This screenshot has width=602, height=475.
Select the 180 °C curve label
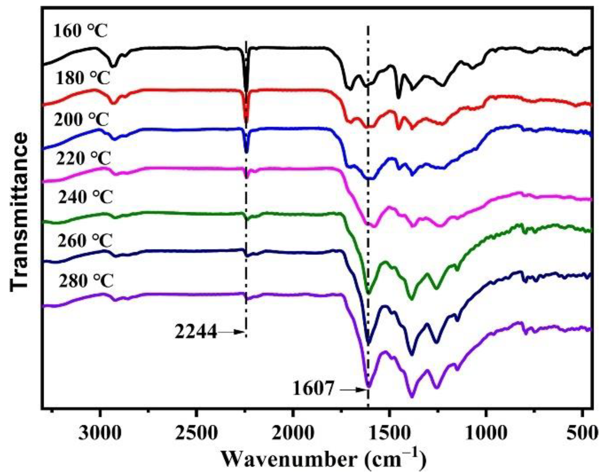(x=83, y=78)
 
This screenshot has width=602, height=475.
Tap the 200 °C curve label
(x=81, y=120)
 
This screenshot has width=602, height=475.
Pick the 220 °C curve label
(x=83, y=159)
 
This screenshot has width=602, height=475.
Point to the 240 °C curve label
(x=85, y=197)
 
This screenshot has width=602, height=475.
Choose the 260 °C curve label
(x=85, y=241)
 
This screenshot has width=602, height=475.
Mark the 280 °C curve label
(x=86, y=281)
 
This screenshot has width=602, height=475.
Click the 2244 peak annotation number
(x=196, y=332)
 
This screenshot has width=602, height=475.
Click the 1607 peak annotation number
(x=313, y=389)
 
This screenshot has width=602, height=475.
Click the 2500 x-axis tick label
(x=196, y=433)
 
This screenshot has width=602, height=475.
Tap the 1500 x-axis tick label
(x=389, y=433)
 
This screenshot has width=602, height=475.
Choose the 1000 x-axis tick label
(x=485, y=433)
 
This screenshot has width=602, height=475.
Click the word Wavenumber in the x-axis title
(x=289, y=460)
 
